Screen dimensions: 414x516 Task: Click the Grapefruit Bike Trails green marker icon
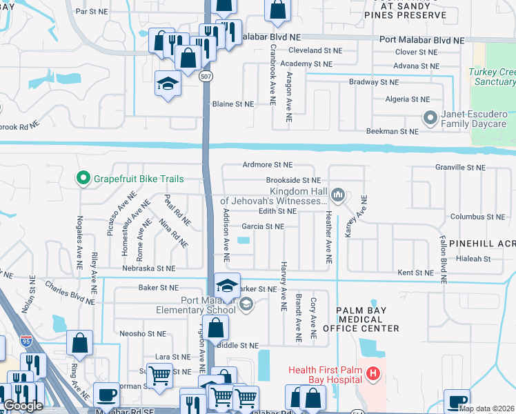pyautogui.click(x=83, y=179)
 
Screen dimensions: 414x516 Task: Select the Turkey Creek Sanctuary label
pyautogui.click(x=491, y=77)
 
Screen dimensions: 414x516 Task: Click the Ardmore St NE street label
pyautogui.click(x=268, y=165)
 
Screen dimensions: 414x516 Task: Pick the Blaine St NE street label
pyautogui.click(x=232, y=104)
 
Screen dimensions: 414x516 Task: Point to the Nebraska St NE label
pyautogui.click(x=148, y=268)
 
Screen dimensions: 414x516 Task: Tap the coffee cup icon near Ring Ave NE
pyautogui.click(x=106, y=395)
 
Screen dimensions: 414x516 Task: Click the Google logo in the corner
pyautogui.click(x=23, y=406)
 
